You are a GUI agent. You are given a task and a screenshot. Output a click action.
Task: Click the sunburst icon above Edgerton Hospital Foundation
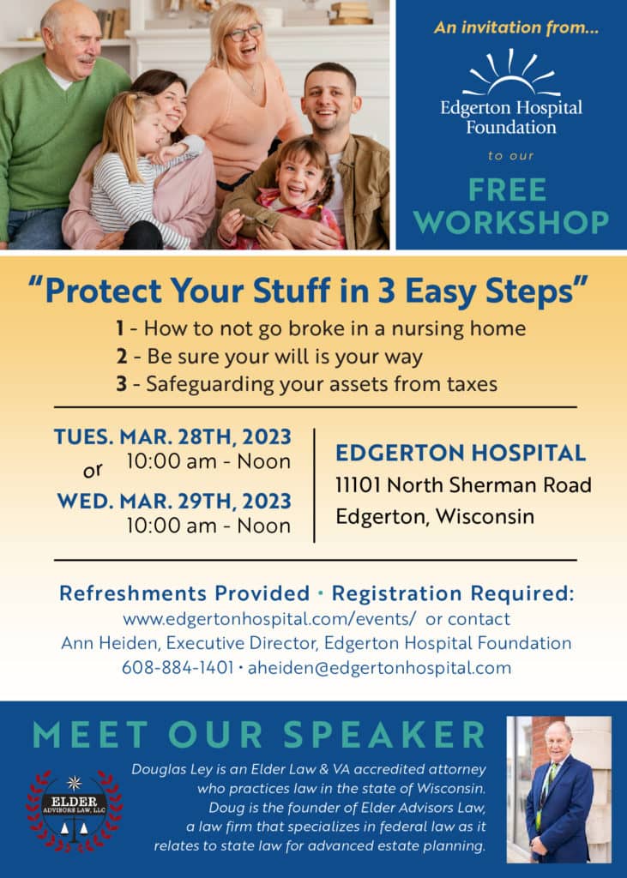(511, 73)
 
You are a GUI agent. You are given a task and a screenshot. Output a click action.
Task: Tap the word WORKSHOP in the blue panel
(511, 222)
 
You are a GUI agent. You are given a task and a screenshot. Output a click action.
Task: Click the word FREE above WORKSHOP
(507, 189)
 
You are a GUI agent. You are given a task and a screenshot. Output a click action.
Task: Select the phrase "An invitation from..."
(515, 27)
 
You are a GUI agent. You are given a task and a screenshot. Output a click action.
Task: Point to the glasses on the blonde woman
(244, 33)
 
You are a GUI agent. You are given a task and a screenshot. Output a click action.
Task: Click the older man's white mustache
(85, 57)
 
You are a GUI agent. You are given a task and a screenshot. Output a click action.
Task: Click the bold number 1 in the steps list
(119, 328)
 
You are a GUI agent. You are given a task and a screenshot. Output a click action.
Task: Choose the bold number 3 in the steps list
(121, 384)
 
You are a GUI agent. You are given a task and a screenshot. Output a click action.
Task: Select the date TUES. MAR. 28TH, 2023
(172, 436)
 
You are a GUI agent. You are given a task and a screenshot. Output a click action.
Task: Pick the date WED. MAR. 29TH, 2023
(174, 501)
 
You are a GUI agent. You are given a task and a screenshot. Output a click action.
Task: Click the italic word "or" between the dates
(93, 471)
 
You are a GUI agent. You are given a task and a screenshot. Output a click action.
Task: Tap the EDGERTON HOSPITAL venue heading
(461, 453)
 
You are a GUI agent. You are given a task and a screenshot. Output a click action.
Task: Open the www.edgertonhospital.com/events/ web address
(269, 619)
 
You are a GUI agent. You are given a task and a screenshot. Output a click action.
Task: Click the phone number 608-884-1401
(178, 667)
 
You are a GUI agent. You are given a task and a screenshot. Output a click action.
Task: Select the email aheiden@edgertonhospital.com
(379, 667)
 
